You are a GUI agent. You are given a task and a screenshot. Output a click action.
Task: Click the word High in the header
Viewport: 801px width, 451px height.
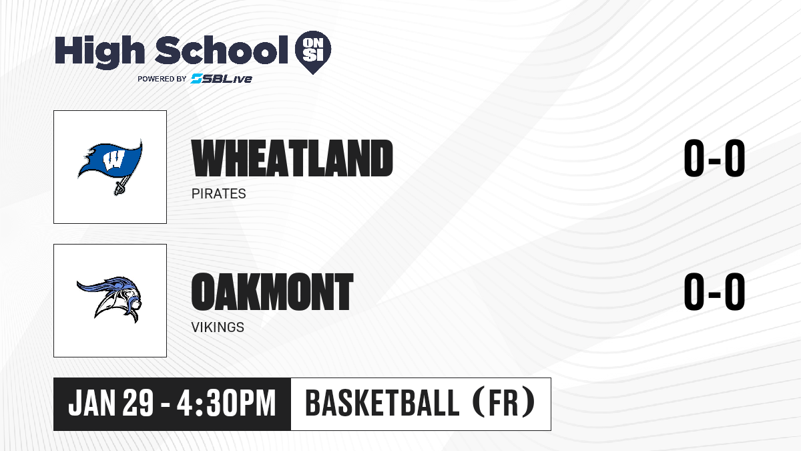click(99, 52)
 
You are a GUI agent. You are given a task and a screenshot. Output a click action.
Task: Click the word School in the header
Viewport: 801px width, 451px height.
click(222, 49)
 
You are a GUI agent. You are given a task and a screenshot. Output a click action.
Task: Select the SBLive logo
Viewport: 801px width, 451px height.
click(221, 79)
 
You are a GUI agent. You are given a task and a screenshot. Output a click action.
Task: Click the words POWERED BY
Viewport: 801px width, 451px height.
click(162, 79)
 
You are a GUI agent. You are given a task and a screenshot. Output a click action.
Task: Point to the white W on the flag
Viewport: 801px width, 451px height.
click(113, 160)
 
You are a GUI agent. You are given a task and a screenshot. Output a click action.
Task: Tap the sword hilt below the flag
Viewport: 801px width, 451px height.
click(119, 187)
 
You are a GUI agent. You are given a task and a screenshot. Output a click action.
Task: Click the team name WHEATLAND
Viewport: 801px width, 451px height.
click(292, 158)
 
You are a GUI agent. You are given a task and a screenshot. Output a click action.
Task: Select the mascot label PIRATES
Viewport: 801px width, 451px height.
click(218, 194)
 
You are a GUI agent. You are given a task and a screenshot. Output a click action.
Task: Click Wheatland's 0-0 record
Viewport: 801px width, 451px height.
click(714, 158)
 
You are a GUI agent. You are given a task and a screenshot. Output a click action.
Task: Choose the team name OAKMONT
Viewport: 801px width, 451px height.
click(272, 292)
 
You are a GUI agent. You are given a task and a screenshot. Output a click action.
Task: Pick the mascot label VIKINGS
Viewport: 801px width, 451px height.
click(218, 327)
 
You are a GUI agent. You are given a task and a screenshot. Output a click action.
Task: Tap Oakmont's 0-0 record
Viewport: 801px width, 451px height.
click(714, 292)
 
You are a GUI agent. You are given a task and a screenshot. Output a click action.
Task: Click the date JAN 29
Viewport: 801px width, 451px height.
click(111, 403)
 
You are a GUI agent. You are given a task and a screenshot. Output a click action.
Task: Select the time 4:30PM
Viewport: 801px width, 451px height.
click(226, 403)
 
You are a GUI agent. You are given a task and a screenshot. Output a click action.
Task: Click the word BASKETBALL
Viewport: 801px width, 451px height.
click(382, 403)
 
